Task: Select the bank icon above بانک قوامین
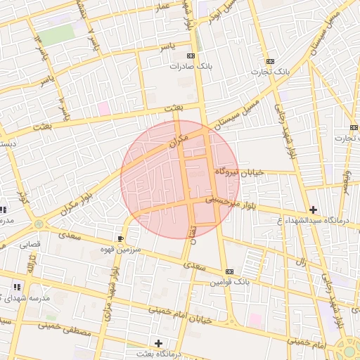[x=229, y=271]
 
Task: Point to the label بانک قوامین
[x=229, y=282]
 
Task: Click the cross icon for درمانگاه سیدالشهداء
[x=313, y=210]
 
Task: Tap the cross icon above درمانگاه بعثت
[x=158, y=343]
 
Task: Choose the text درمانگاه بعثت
[x=158, y=354]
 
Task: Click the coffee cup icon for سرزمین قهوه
[x=120, y=239]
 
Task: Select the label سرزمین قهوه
[x=121, y=250]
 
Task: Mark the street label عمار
[x=163, y=7]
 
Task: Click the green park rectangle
[x=56, y=34]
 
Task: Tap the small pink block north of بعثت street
[x=104, y=108]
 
